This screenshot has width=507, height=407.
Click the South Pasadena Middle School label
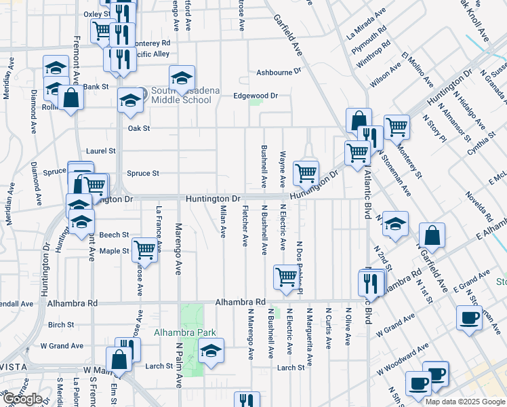(181, 96)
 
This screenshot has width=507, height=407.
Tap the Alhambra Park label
(184, 332)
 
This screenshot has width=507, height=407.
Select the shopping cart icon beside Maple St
(144, 250)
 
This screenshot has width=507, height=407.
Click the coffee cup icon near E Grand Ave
(469, 317)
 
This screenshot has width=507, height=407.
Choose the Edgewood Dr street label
(256, 96)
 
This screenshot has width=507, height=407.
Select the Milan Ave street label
(222, 222)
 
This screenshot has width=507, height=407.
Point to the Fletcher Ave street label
(244, 226)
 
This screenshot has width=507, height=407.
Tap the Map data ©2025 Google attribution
(464, 402)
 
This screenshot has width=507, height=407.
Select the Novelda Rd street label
(478, 206)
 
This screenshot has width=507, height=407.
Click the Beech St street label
(114, 235)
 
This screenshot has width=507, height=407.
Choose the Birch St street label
(61, 325)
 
